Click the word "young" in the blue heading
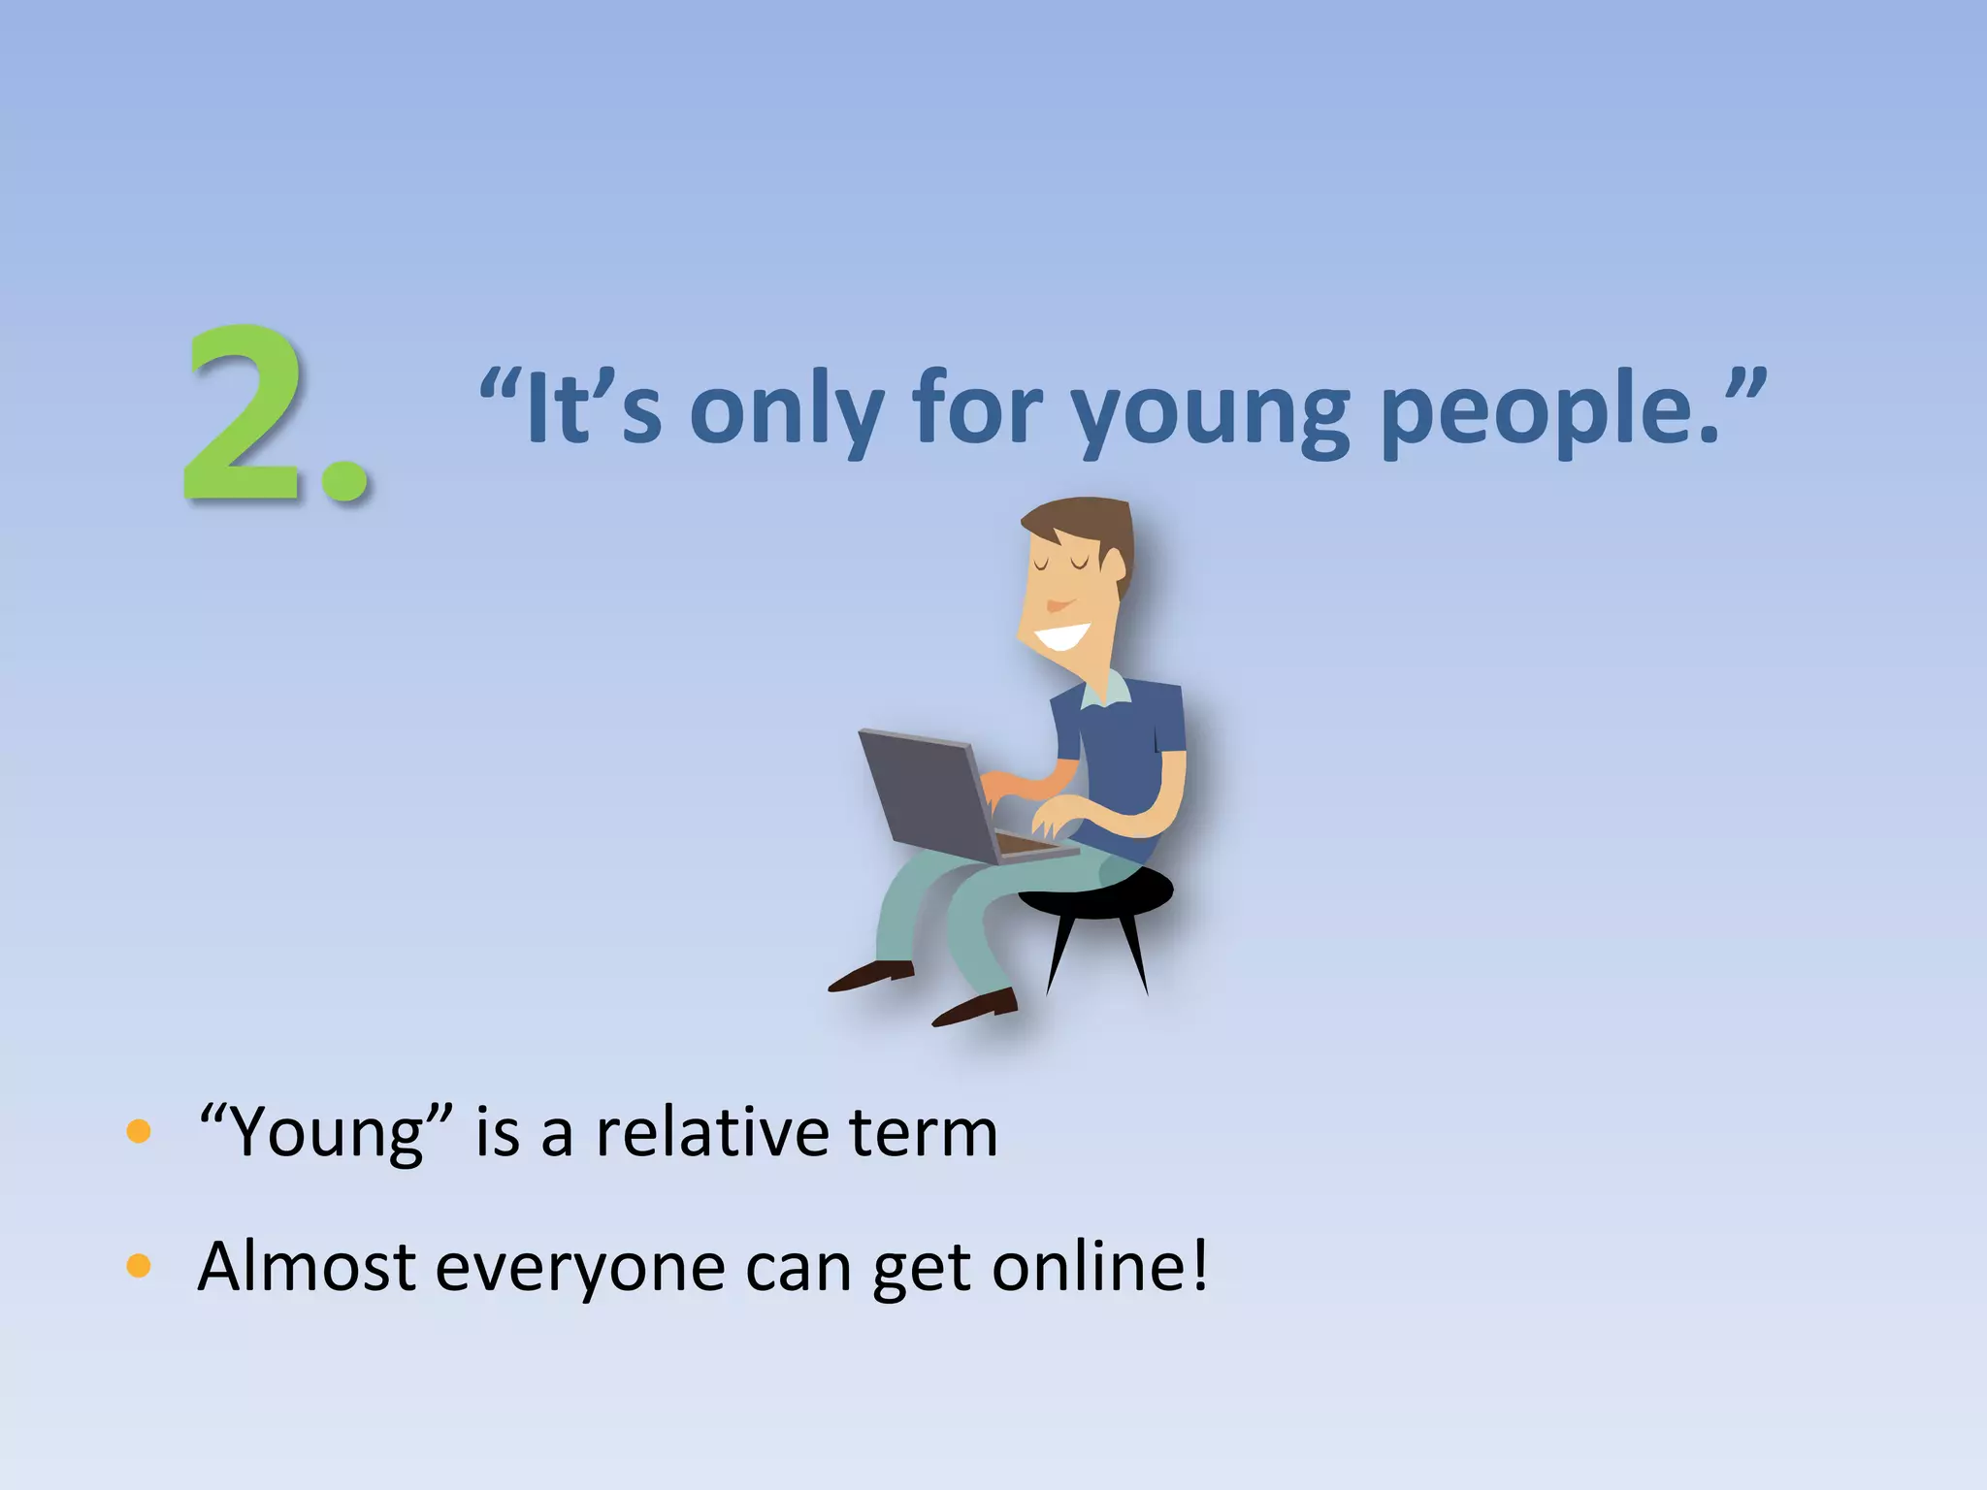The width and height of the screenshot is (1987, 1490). pyautogui.click(x=1208, y=412)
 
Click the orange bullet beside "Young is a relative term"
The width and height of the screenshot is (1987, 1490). pyautogui.click(x=139, y=1131)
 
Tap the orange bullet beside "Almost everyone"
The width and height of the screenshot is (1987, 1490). pyautogui.click(x=139, y=1266)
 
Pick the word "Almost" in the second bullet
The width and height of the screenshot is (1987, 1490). pyautogui.click(x=307, y=1266)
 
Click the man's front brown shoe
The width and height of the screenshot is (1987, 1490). pyautogui.click(x=975, y=1009)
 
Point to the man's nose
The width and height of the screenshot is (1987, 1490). pyautogui.click(x=1058, y=603)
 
